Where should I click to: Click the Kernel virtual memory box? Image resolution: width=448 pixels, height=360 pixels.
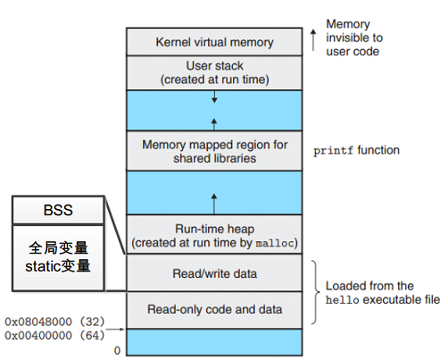(214, 42)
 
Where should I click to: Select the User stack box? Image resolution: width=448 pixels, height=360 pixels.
(214, 72)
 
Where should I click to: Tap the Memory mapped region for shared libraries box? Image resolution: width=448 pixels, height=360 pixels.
(214, 151)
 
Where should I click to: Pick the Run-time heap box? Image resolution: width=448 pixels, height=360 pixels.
(214, 235)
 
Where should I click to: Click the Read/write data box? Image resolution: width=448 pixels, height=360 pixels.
(214, 273)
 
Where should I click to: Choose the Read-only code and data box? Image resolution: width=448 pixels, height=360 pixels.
(214, 310)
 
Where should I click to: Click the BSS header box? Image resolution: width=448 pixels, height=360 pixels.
(58, 210)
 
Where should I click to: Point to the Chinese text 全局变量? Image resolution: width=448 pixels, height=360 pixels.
(58, 247)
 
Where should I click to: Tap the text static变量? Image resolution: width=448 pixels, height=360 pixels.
(58, 266)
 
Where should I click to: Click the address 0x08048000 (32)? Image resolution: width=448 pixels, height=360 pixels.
(55, 322)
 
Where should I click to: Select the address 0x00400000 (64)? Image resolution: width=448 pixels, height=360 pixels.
(55, 335)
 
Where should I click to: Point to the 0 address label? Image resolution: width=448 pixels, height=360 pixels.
(117, 351)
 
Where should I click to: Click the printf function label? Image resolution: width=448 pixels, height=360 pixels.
(356, 151)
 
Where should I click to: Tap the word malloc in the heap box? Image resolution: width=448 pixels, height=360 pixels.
(275, 244)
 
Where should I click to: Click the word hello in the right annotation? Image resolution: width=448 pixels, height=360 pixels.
(342, 300)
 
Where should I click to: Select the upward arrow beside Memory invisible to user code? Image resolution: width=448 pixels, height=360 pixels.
(313, 40)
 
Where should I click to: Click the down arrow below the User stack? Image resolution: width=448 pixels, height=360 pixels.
(214, 96)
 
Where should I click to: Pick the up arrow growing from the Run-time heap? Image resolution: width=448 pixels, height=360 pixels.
(214, 204)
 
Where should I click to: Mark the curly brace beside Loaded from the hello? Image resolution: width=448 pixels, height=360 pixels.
(315, 292)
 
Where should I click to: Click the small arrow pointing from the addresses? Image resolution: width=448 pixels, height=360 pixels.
(115, 329)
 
